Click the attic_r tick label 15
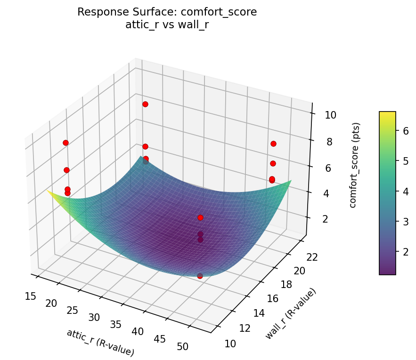[x=31, y=296]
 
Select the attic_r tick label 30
[x=94, y=318]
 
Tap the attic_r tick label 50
[x=182, y=347]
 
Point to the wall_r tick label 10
[x=230, y=344]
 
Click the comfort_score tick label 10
[x=330, y=115]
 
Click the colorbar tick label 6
[x=404, y=132]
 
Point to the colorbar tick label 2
[x=404, y=251]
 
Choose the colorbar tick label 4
[x=404, y=192]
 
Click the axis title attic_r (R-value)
[x=100, y=342]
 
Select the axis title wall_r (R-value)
[x=291, y=313]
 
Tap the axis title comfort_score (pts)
[x=357, y=165]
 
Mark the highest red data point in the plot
[x=145, y=104]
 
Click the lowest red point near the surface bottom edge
[x=200, y=276]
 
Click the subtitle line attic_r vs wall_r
[x=167, y=25]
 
